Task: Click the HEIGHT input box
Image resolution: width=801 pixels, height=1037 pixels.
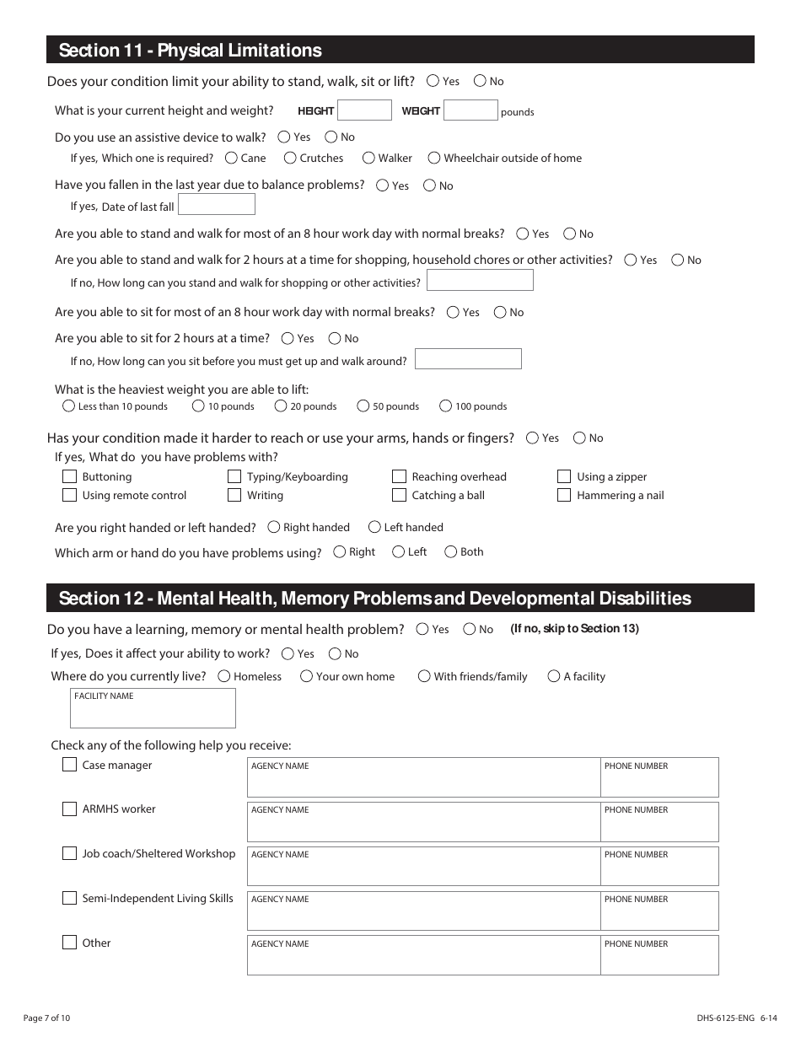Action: coord(364,110)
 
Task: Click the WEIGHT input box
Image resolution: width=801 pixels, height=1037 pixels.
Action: coord(470,110)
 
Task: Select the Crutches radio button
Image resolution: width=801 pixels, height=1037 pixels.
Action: coord(290,158)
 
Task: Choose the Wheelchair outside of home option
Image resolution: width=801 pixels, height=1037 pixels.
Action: coord(434,158)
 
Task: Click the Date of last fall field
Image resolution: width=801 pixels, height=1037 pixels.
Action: coord(217,205)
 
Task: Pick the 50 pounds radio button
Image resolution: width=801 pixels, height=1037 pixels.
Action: coord(363,406)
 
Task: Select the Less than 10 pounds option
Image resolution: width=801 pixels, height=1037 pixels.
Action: coord(69,406)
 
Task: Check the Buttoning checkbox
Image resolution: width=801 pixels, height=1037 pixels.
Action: coord(70,476)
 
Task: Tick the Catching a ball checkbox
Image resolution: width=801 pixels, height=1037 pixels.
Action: coord(400,496)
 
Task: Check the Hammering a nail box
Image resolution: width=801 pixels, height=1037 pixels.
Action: coord(564,496)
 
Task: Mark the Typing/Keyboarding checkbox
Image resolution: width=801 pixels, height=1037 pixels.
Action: coord(234,476)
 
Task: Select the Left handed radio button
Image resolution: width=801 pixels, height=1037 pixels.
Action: coord(374,528)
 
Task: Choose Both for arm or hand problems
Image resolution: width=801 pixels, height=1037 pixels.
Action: coord(451,552)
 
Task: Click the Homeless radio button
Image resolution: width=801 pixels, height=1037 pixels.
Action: coord(224,676)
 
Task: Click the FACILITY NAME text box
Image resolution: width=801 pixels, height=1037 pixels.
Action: coord(153,713)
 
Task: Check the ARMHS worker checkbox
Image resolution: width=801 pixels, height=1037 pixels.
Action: coord(70,809)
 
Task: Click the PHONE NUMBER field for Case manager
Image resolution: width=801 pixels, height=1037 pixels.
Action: coord(659,782)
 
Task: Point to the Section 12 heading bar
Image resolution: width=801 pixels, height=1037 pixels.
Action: coord(400,599)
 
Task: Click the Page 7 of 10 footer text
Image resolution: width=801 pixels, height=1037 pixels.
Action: coord(46,1018)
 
